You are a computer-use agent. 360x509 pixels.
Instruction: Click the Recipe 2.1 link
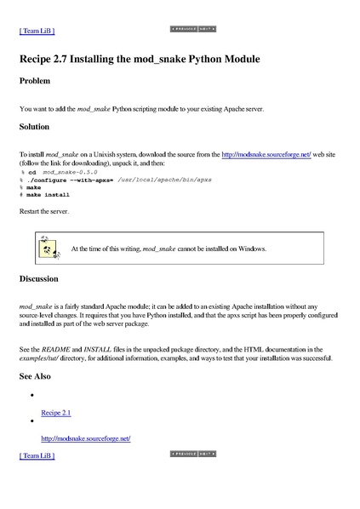pos(56,413)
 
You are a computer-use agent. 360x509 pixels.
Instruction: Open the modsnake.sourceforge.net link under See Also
pos(85,438)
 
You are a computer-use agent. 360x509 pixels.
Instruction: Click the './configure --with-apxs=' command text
pos(71,180)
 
